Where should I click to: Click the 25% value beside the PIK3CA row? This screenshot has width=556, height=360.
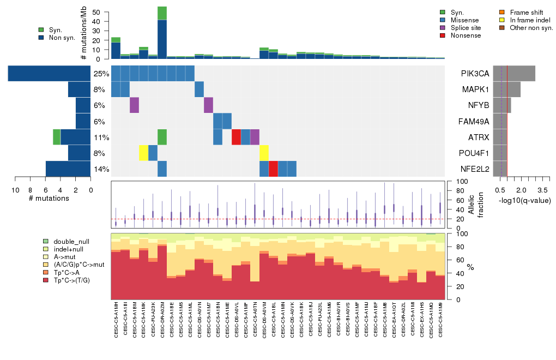(101, 73)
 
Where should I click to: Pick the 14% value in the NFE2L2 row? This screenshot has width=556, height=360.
(101, 169)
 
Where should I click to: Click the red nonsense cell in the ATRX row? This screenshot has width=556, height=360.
(236, 137)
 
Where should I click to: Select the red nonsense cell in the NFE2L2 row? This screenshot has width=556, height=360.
(273, 169)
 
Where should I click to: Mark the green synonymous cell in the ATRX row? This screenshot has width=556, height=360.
(162, 137)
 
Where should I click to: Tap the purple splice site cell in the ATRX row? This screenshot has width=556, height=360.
(255, 137)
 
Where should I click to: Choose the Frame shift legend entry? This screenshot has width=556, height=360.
(523, 11)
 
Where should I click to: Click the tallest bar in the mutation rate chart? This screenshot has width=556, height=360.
(162, 33)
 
